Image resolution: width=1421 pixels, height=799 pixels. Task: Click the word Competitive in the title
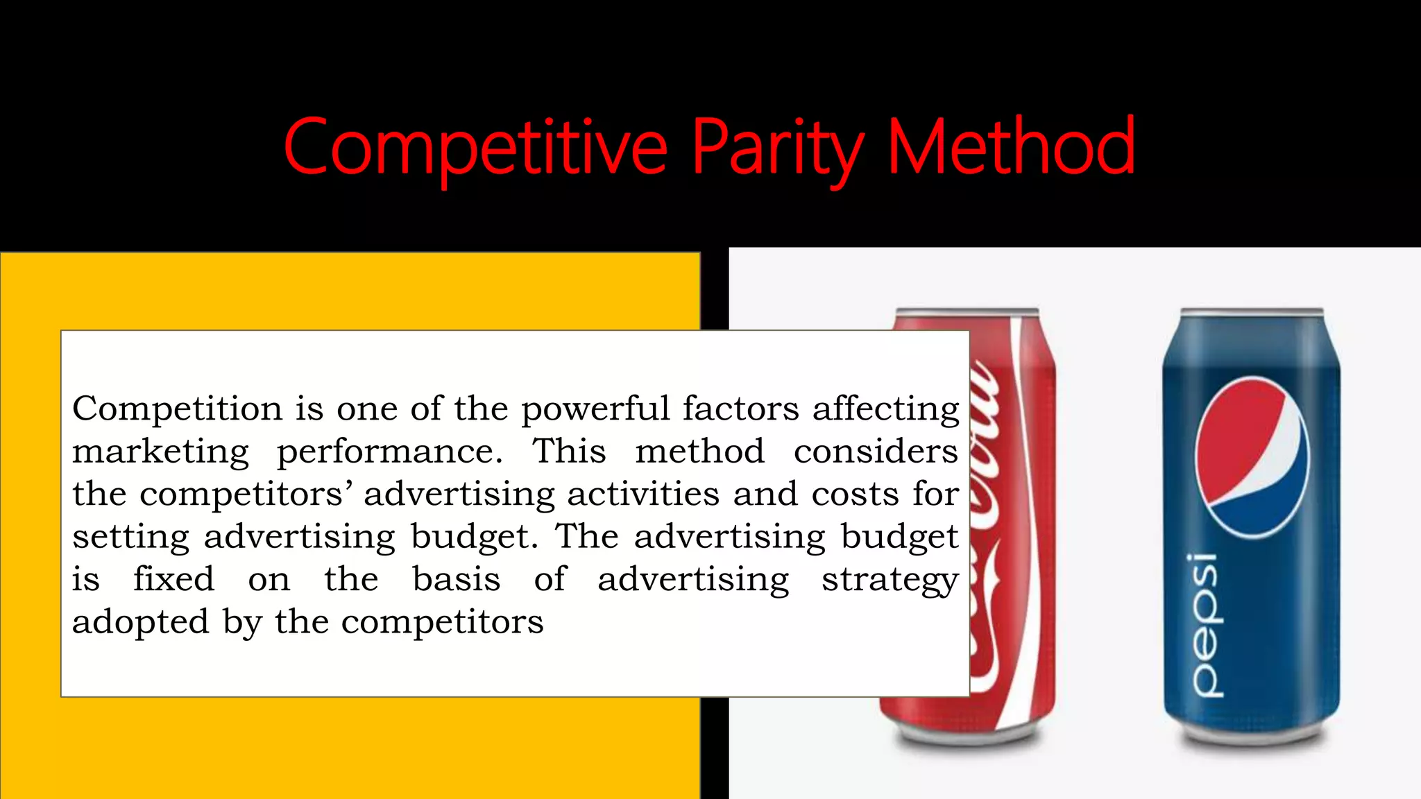tap(475, 147)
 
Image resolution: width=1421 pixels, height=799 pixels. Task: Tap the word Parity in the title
tap(778, 147)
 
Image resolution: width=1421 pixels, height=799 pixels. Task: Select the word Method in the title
tap(1011, 147)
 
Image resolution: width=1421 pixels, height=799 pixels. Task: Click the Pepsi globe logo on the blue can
tap(1252, 458)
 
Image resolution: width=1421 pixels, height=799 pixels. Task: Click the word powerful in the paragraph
tap(595, 409)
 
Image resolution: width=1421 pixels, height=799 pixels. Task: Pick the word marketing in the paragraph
tap(160, 452)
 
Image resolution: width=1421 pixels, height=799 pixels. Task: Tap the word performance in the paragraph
tap(389, 452)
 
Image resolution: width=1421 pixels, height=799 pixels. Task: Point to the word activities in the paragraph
tap(643, 494)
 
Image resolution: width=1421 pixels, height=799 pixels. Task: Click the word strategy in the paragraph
tap(890, 580)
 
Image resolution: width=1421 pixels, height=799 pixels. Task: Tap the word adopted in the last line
tap(140, 622)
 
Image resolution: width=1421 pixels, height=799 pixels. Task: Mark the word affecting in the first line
tap(886, 409)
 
